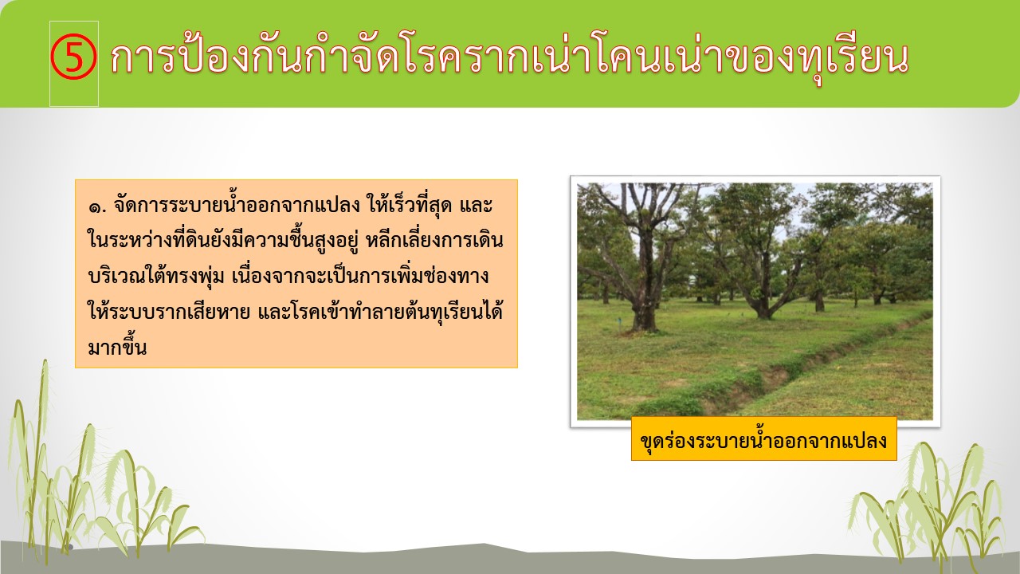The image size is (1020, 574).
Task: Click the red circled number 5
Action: coord(73,57)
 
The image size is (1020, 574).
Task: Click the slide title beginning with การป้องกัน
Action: coord(510,58)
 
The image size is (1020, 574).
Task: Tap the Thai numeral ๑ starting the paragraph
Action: coord(96,208)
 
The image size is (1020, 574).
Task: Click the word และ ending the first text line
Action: coord(476,206)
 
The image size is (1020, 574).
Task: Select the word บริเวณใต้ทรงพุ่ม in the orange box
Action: coord(156,277)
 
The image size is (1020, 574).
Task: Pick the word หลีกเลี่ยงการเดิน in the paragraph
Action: coord(435,241)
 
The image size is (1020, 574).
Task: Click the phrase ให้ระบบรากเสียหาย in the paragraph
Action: coord(169,312)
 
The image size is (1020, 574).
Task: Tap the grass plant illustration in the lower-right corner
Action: coord(929,505)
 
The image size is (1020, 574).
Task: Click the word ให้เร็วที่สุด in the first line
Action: coord(410,206)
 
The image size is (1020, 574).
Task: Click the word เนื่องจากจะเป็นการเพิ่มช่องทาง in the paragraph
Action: coord(360,277)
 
